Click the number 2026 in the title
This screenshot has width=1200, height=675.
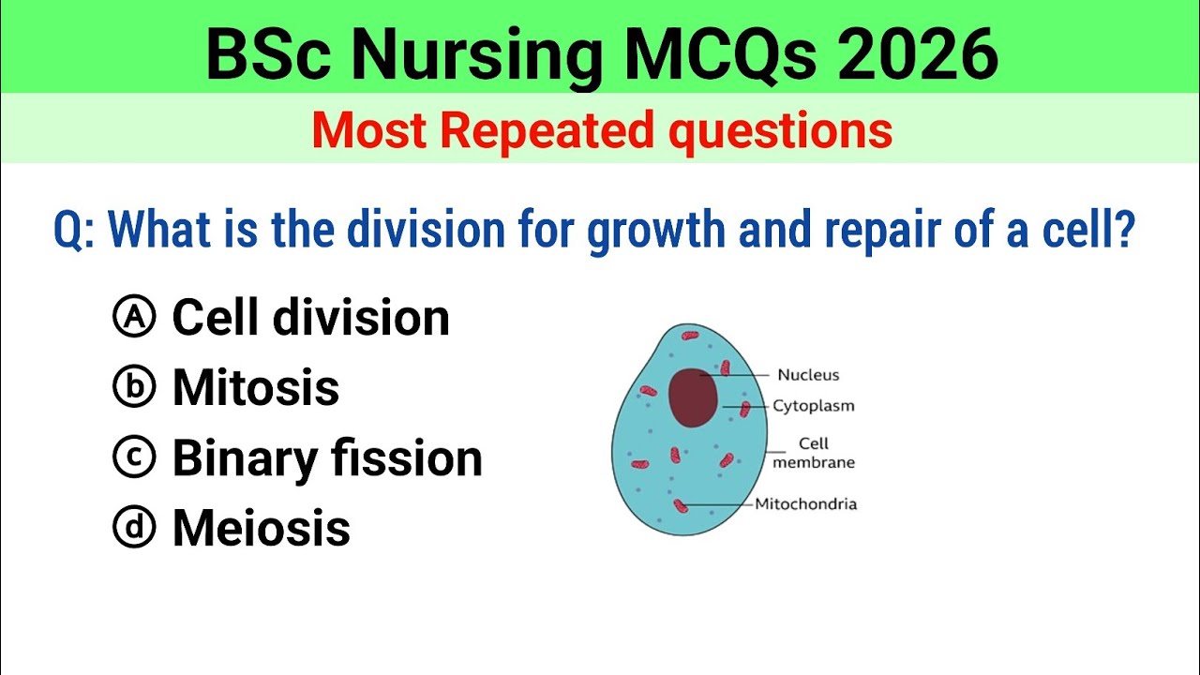[917, 53]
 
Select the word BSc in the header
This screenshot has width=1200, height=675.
[271, 53]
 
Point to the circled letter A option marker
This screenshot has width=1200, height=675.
[133, 318]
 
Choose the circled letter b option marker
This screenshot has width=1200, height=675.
[133, 388]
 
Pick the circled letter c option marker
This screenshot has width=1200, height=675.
[133, 457]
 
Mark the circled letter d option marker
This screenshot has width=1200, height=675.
[133, 528]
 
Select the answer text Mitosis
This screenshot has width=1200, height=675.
[255, 388]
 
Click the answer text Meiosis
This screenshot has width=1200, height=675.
[261, 528]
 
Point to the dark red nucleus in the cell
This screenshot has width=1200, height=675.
[694, 397]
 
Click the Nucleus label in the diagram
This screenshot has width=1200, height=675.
[808, 375]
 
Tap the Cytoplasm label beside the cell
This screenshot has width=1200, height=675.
[813, 407]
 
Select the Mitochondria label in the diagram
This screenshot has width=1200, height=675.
[805, 504]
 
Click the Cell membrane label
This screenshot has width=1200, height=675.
[813, 453]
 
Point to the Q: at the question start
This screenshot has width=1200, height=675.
[74, 230]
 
